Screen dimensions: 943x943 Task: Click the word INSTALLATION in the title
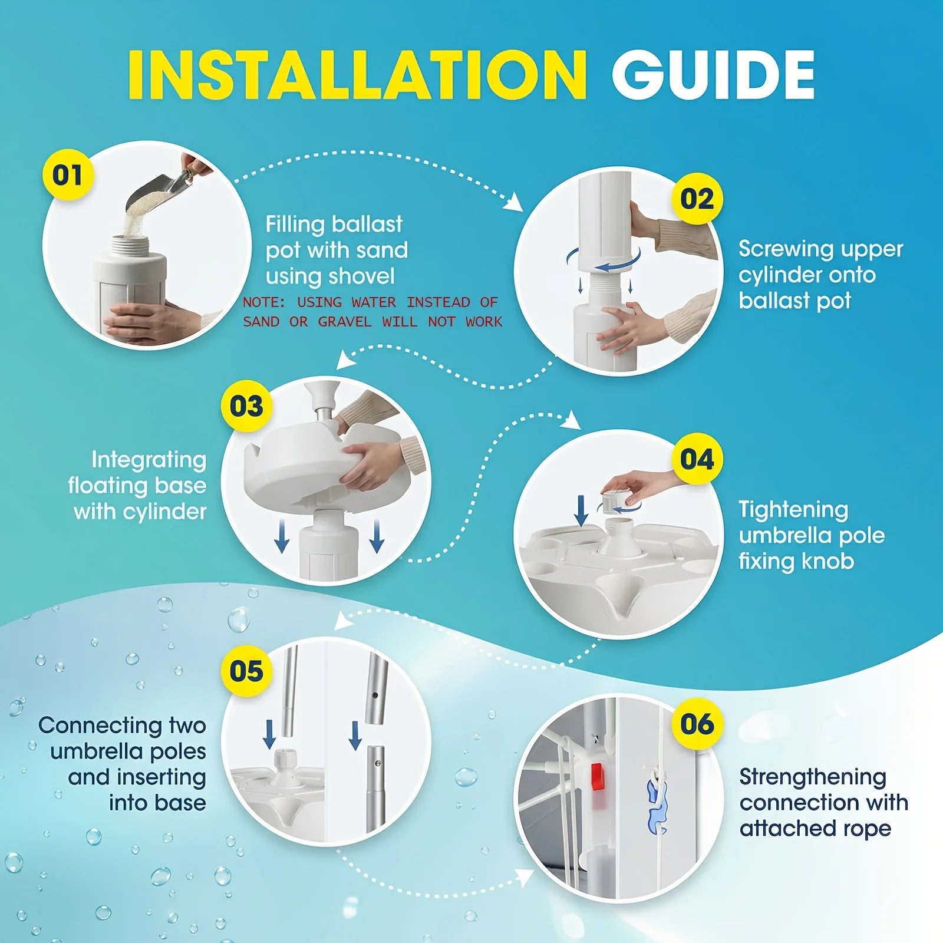coord(357,75)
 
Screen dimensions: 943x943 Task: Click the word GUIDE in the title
coord(713,75)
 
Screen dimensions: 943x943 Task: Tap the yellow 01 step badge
coord(68,175)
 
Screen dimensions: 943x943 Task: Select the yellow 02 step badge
coord(697,199)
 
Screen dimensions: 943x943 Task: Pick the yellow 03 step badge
coord(246,406)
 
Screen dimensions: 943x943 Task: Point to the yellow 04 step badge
coord(697,459)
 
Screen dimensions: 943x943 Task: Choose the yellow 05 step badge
coord(246,671)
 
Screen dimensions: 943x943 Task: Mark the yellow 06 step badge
coord(697,724)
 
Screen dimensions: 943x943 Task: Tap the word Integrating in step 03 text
coord(149,460)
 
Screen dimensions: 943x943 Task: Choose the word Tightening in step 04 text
coord(793,510)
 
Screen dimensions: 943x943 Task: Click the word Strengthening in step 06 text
coord(813,778)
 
